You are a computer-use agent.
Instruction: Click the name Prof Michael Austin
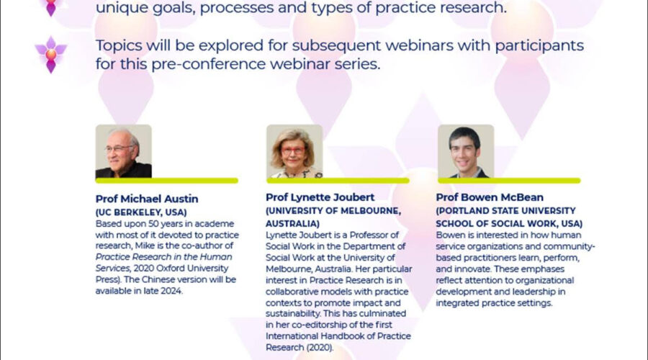click(x=147, y=199)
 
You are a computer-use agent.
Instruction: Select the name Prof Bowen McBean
click(x=490, y=197)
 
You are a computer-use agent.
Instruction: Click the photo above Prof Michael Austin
click(x=124, y=151)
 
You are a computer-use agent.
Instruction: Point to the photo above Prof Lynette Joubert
click(x=294, y=151)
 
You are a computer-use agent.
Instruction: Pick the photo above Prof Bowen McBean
click(x=466, y=151)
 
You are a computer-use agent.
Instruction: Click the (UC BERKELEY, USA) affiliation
click(x=141, y=212)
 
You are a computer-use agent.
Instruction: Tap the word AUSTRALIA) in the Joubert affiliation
click(x=292, y=224)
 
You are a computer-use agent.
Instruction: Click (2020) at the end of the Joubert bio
click(x=320, y=348)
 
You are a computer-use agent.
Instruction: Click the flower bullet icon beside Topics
click(x=51, y=55)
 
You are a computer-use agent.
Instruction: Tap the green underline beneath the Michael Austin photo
click(x=166, y=181)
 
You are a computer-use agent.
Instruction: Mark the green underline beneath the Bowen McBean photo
click(x=509, y=181)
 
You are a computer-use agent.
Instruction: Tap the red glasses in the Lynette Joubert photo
click(x=294, y=151)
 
